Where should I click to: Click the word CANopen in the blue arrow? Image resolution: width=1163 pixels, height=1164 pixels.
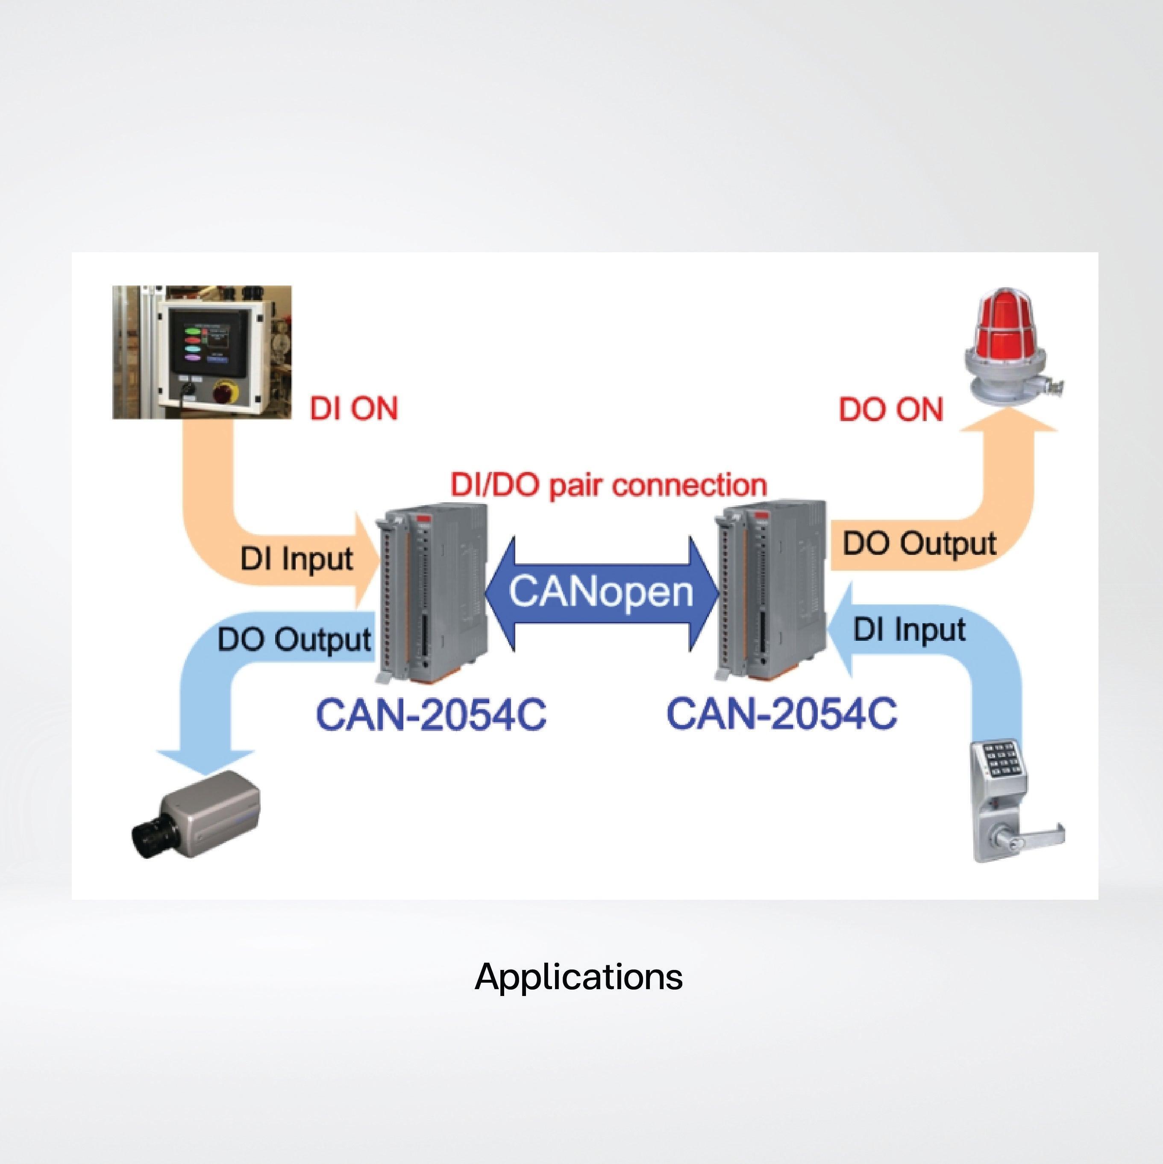point(601,591)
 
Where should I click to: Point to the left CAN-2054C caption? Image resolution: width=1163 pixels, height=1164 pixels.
point(431,714)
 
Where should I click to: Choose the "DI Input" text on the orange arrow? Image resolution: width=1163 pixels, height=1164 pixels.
point(297,559)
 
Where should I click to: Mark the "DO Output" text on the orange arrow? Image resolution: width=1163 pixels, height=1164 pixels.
point(919,543)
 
